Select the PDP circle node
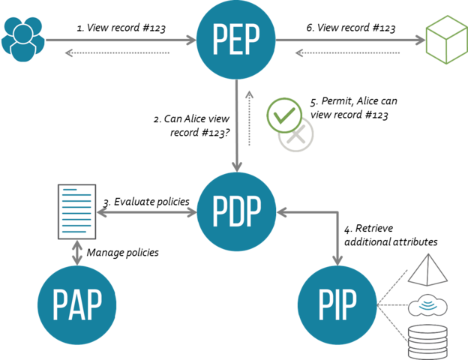click(x=236, y=212)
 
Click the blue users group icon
click(x=23, y=38)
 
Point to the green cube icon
click(x=445, y=39)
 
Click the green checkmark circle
click(x=284, y=115)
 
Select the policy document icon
click(x=77, y=211)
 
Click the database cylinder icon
click(x=427, y=341)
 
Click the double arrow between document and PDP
click(x=146, y=213)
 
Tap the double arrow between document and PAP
click(x=77, y=252)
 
